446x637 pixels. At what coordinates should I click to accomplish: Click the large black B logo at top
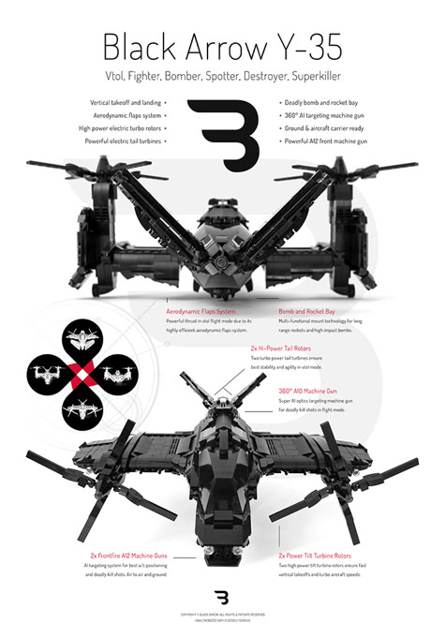coord(222,132)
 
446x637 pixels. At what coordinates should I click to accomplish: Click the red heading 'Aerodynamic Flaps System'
coord(201,311)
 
